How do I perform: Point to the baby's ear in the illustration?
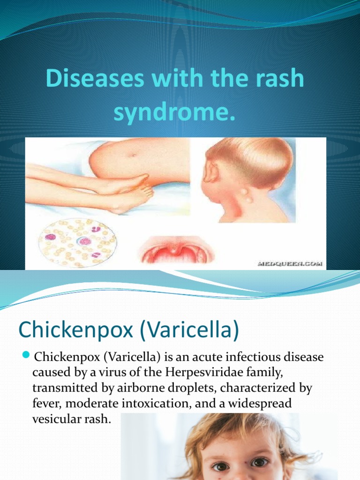[x=211, y=172]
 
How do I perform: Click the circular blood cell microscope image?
[x=77, y=243]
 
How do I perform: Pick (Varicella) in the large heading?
[x=189, y=330]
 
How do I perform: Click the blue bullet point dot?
[x=26, y=353]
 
